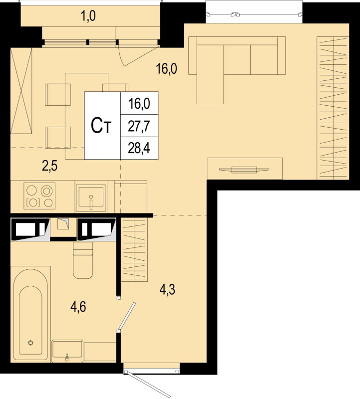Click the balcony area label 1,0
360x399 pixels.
88,16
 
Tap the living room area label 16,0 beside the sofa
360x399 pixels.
167,69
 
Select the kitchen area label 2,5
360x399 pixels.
50,166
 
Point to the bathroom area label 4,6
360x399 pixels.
78,307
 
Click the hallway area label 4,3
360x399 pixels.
167,290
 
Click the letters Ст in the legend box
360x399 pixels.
101,126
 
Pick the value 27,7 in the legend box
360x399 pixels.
139,126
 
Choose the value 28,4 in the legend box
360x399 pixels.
139,148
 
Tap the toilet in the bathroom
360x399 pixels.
83,260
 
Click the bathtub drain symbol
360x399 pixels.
30,343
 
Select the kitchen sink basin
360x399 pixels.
91,196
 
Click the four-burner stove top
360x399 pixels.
39,196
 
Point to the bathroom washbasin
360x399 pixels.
67,351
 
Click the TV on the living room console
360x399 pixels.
244,170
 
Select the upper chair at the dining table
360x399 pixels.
58,95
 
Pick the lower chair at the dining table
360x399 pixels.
58,138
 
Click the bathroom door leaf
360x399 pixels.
127,316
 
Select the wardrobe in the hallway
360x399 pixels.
134,250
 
